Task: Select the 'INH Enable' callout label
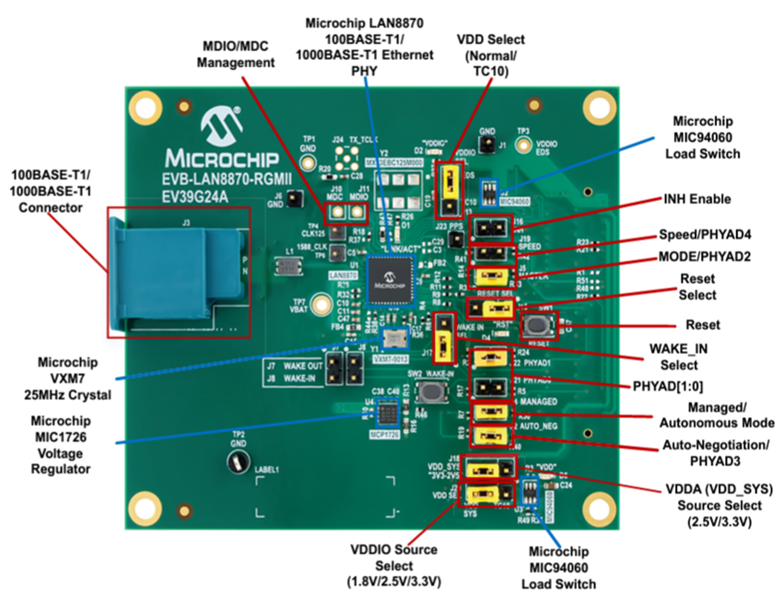[697, 198]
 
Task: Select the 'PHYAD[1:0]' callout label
[684, 384]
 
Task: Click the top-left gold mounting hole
[145, 103]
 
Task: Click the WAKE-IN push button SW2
[428, 392]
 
